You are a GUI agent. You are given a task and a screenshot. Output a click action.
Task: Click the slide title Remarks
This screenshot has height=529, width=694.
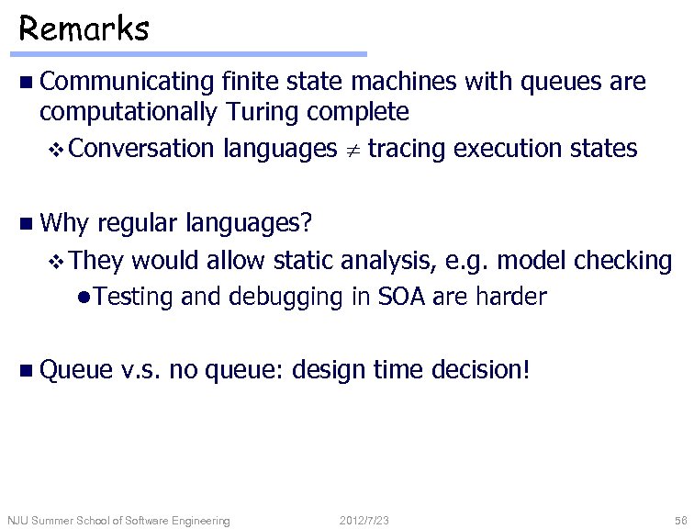(x=84, y=28)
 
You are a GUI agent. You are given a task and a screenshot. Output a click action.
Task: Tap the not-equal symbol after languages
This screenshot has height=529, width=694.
(x=352, y=150)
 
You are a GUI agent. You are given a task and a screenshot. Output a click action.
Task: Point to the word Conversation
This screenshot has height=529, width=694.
(x=140, y=148)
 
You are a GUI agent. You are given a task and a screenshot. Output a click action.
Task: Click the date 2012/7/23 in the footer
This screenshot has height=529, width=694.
(x=364, y=521)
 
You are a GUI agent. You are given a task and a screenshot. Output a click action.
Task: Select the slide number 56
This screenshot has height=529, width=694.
(x=679, y=521)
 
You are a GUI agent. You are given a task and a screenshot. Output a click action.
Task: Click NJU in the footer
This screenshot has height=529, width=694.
(x=18, y=521)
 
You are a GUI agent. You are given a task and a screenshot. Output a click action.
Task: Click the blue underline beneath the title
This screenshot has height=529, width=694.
(x=193, y=54)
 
